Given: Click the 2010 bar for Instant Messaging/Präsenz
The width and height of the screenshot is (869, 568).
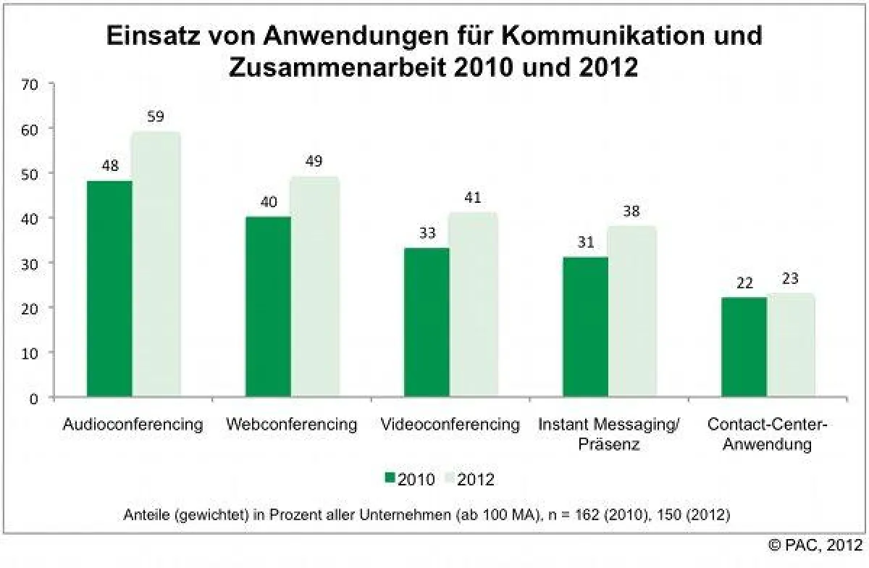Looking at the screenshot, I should point(585,327).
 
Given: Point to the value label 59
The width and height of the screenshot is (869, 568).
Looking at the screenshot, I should point(155,116).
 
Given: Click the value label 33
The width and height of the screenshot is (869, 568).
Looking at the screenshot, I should point(427,233).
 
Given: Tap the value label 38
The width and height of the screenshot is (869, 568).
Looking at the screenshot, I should point(631,211).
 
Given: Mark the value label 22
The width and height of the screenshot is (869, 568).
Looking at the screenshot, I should point(744,283).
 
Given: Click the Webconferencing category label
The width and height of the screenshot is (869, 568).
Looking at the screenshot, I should point(291,425).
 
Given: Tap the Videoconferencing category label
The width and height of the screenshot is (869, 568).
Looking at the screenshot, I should point(450,425).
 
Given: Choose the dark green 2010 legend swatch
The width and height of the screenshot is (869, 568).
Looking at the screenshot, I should point(390,478).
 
